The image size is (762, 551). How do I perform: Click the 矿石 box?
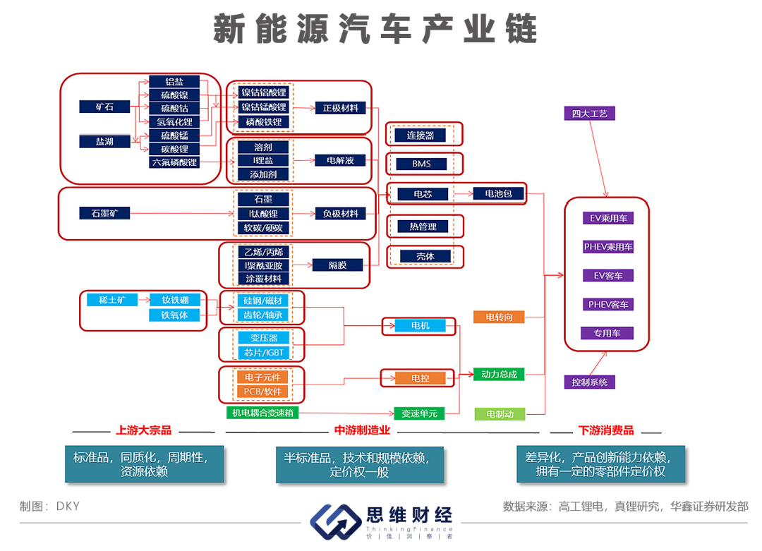(104, 107)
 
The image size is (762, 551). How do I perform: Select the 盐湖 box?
(104, 142)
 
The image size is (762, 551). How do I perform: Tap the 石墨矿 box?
(104, 212)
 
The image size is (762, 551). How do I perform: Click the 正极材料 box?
(340, 108)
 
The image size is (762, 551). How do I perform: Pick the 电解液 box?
(340, 160)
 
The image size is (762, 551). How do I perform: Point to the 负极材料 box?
(340, 213)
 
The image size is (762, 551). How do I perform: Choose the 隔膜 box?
(337, 265)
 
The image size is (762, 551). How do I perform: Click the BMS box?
(421, 164)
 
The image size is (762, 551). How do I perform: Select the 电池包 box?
(498, 193)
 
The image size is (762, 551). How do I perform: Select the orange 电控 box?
(420, 378)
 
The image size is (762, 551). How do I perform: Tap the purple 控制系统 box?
(589, 382)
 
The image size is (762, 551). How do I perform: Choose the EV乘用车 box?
(607, 218)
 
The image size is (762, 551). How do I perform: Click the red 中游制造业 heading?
(362, 430)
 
